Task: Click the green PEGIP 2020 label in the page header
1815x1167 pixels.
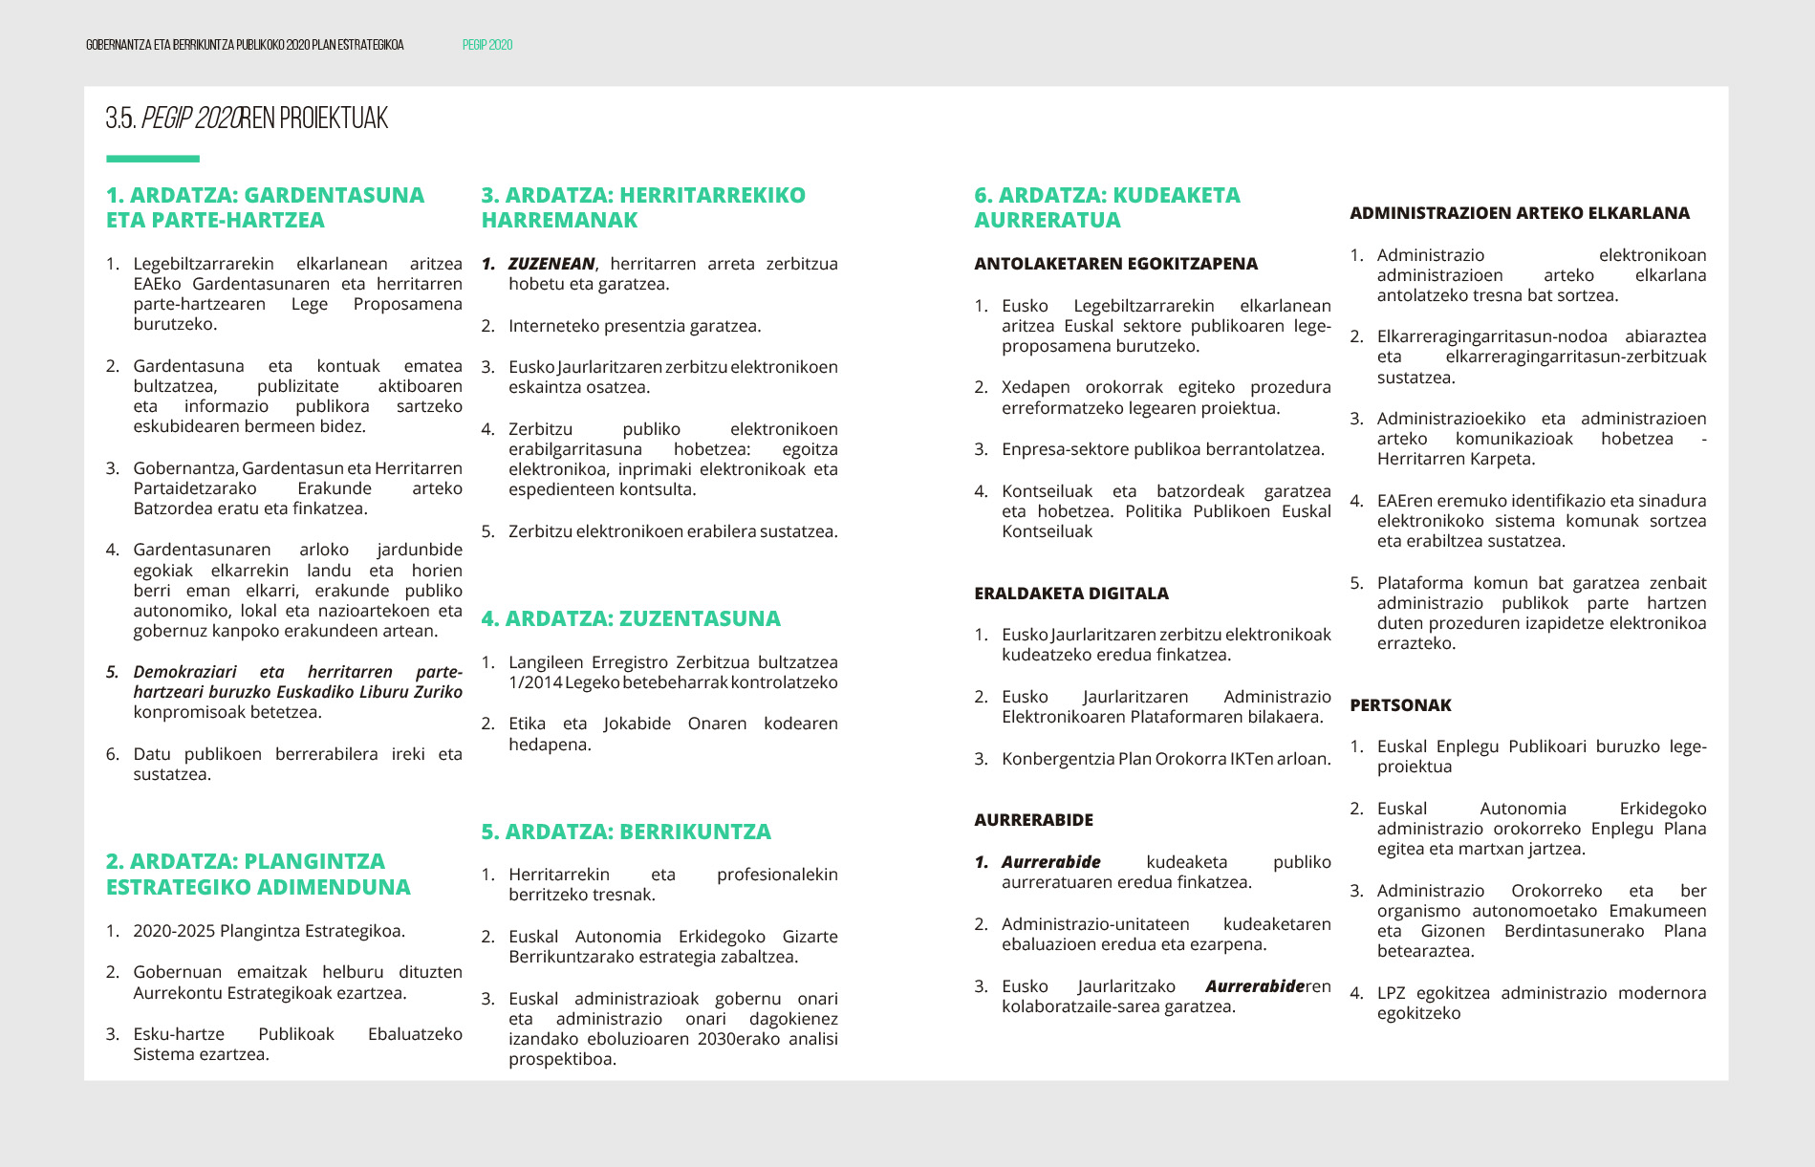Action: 487,45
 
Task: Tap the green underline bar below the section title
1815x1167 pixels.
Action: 153,159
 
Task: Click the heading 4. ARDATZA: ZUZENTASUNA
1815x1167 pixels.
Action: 631,618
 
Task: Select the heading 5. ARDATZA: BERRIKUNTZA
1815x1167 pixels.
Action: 626,832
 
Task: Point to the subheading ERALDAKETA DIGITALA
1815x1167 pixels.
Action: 1071,594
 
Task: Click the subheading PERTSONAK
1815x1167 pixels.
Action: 1400,705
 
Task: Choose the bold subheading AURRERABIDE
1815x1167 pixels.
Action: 1033,820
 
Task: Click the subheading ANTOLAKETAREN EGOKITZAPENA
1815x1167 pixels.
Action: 1115,264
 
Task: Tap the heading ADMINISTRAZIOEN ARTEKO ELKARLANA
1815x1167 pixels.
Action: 1519,213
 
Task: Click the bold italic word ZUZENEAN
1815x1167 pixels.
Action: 551,264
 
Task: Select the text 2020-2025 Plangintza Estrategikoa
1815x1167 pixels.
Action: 269,931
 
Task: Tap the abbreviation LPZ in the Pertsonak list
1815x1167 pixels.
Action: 1391,993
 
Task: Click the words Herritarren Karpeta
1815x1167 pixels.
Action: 1456,459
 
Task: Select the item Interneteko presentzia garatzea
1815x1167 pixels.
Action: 635,326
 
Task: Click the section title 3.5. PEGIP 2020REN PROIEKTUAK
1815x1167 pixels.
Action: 247,119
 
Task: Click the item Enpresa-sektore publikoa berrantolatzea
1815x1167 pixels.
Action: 1162,449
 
